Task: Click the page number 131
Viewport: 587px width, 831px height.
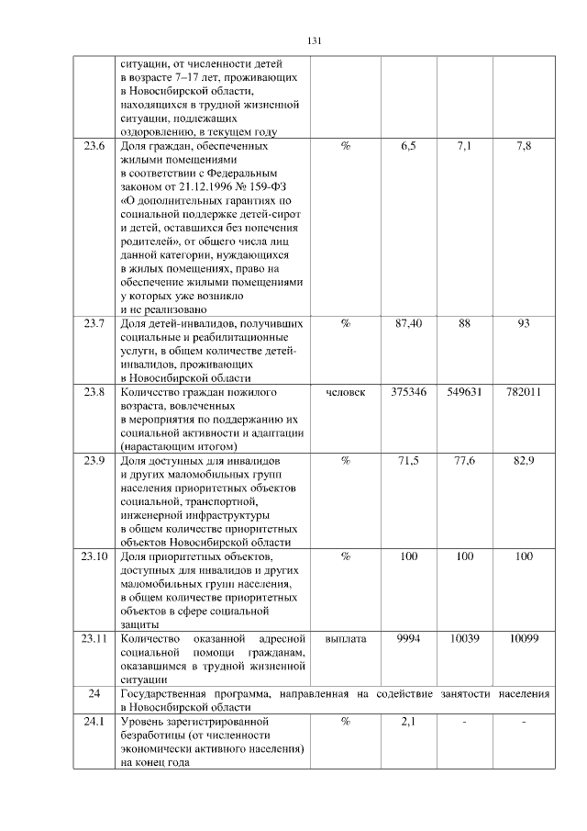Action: pos(314,40)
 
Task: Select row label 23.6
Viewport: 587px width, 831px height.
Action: pos(94,146)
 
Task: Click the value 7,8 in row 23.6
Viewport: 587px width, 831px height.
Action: pos(524,146)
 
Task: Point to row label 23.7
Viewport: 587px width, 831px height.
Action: pos(94,323)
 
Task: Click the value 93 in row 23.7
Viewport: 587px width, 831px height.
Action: pos(524,323)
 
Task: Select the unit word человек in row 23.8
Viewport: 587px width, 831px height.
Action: pos(345,392)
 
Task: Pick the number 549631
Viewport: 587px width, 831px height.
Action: pos(465,392)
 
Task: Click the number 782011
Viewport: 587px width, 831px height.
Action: pos(524,392)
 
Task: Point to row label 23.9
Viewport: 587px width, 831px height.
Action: pos(94,460)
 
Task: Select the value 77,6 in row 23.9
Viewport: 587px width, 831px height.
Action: pos(465,460)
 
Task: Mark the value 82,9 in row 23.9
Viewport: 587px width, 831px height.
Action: pos(524,460)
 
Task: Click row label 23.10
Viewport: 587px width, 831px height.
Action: pos(94,556)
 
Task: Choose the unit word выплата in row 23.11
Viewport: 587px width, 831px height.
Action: pos(345,638)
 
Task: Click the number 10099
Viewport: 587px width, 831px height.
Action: pos(524,638)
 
